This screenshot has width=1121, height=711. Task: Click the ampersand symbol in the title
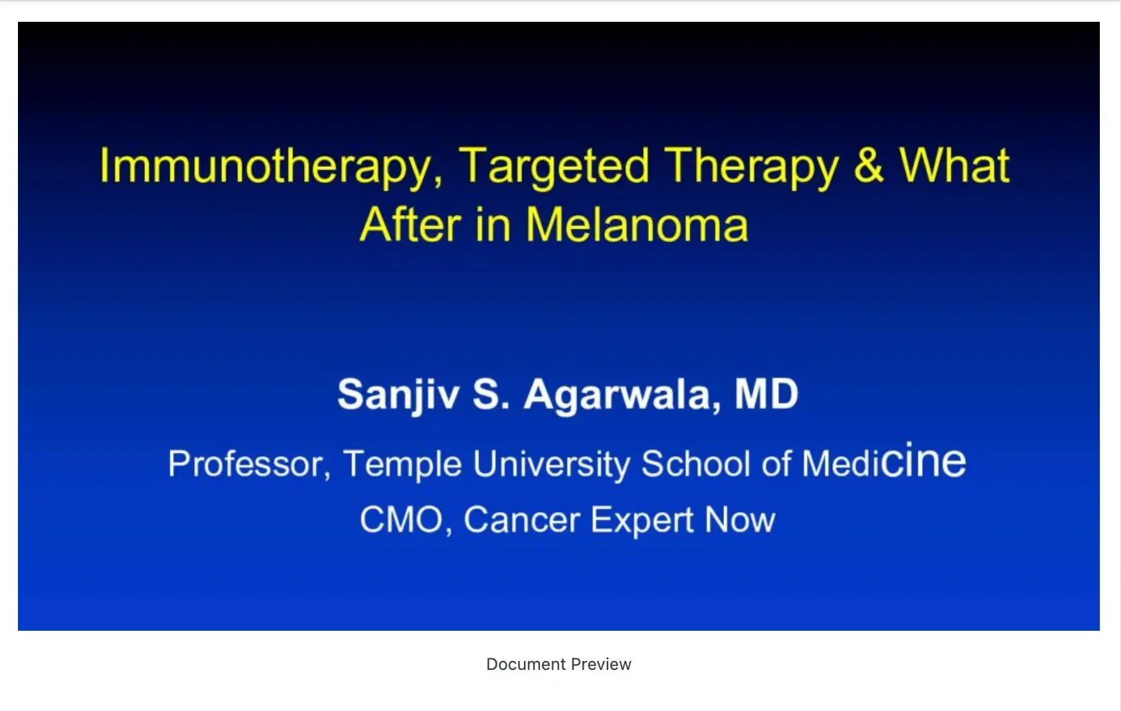coord(868,166)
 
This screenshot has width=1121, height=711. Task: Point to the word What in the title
coord(954,166)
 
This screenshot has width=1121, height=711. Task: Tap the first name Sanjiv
coord(398,395)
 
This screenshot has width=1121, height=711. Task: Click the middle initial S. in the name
coord(491,394)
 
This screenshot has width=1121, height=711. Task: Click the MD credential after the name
coord(766,393)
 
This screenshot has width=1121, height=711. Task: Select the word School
coord(696,463)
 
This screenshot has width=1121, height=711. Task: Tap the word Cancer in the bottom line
coord(521,520)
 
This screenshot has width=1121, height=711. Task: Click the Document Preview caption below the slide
coord(559,664)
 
